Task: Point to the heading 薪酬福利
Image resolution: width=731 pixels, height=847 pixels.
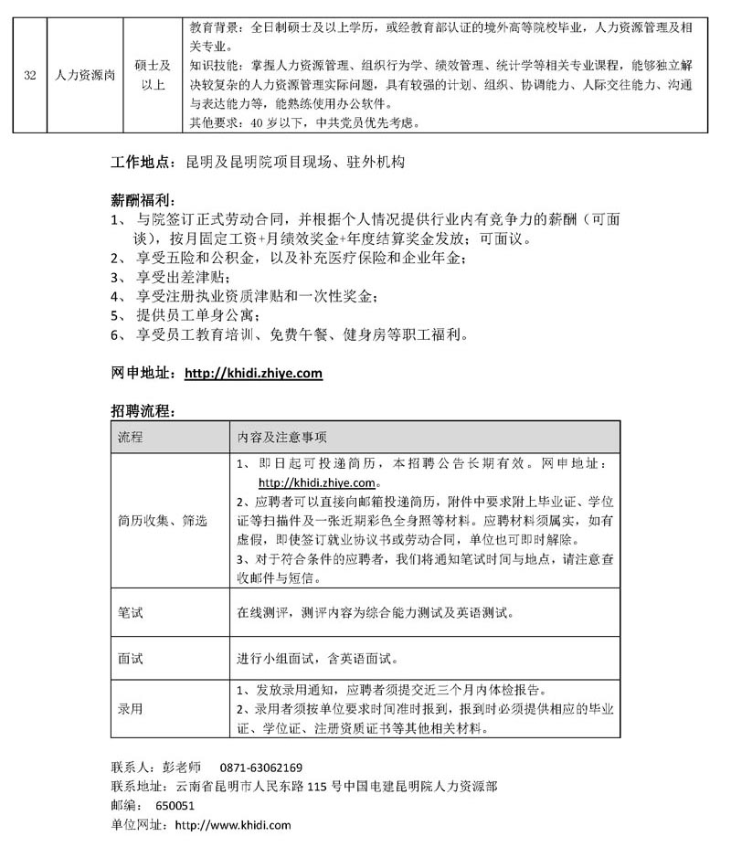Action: [x=139, y=200]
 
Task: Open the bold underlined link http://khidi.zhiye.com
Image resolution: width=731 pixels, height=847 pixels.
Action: [x=253, y=373]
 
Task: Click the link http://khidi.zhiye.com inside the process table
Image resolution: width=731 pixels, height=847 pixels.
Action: [x=317, y=482]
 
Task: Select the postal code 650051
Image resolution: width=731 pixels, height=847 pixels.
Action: [x=175, y=806]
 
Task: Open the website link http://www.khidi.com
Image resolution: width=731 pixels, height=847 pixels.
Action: [x=232, y=825]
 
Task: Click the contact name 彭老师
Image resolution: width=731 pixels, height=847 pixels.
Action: [x=181, y=768]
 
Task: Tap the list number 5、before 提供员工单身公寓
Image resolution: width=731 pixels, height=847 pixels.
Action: [x=117, y=315]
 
